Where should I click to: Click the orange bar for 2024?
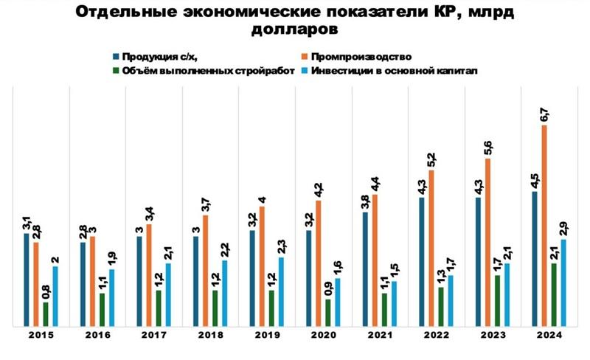544,225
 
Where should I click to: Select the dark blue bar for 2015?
27,279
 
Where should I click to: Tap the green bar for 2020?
328,312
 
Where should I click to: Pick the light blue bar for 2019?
281,291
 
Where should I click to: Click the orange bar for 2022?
431,247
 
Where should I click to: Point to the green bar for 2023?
498,300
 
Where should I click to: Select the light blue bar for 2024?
564,282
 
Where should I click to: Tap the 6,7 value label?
544,114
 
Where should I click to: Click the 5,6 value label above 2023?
488,148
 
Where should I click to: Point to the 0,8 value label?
46,291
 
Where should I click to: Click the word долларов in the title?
295,30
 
